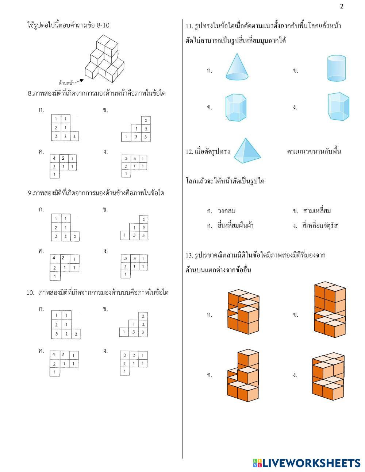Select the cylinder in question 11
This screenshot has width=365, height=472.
click(x=336, y=68)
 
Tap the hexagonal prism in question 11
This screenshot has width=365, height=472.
click(x=236, y=108)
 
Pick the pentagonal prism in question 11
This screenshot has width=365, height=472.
click(x=338, y=107)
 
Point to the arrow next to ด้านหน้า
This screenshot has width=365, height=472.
click(x=79, y=81)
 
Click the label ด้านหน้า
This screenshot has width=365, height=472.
click(x=66, y=83)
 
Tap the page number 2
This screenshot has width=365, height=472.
click(x=342, y=7)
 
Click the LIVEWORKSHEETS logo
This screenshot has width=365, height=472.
click(x=307, y=463)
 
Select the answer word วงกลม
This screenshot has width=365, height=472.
click(x=227, y=211)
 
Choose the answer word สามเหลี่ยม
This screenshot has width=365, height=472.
click(x=317, y=211)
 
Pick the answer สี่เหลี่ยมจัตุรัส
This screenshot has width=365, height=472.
click(x=320, y=226)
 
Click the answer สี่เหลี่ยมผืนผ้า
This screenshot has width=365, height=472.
click(x=235, y=226)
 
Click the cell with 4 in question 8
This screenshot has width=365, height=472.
click(x=54, y=158)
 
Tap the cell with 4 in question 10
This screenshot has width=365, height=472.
click(x=54, y=355)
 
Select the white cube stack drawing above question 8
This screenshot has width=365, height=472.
click(x=104, y=59)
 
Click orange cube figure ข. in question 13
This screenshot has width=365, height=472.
click(x=330, y=310)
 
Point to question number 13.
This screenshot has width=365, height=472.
click(x=189, y=255)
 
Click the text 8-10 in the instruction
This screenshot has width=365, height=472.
click(x=103, y=26)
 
